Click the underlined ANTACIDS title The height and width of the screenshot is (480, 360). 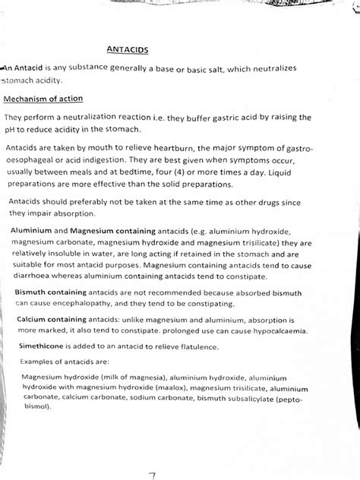(128, 50)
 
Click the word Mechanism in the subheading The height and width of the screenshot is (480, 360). (30, 99)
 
